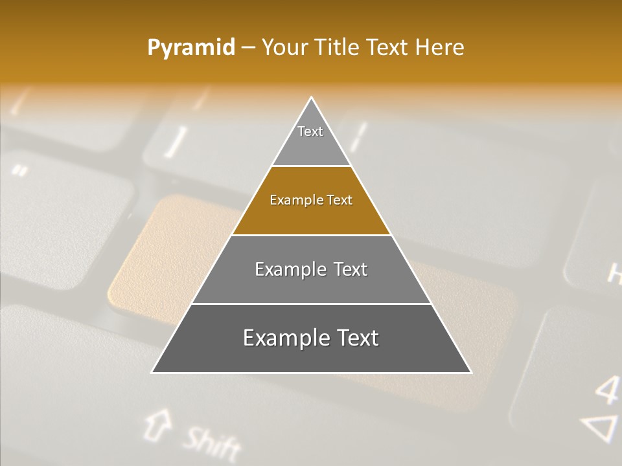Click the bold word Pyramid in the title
[x=190, y=48]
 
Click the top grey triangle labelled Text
[x=311, y=139]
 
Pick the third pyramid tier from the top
[x=311, y=270]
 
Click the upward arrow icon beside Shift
[x=155, y=424]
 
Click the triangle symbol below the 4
[x=602, y=428]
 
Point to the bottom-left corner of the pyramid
[x=153, y=372]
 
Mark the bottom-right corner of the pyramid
[x=470, y=372]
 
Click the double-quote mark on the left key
[x=20, y=171]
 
